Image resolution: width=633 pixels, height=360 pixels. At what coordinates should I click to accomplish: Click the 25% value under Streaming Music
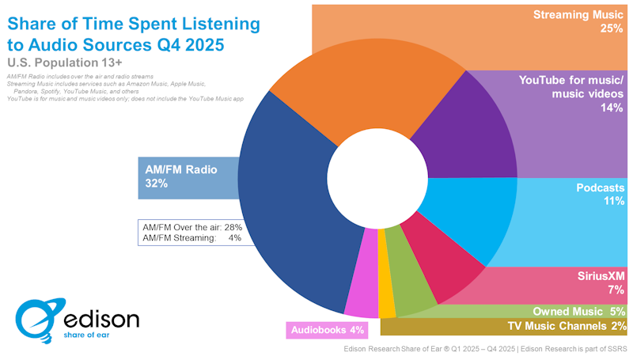pyautogui.click(x=611, y=29)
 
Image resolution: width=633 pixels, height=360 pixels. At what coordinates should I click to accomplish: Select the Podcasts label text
pyautogui.click(x=601, y=188)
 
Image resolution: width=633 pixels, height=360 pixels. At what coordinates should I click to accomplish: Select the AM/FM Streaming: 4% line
pyautogui.click(x=191, y=237)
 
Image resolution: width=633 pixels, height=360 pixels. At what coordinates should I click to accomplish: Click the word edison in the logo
pyautogui.click(x=101, y=319)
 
